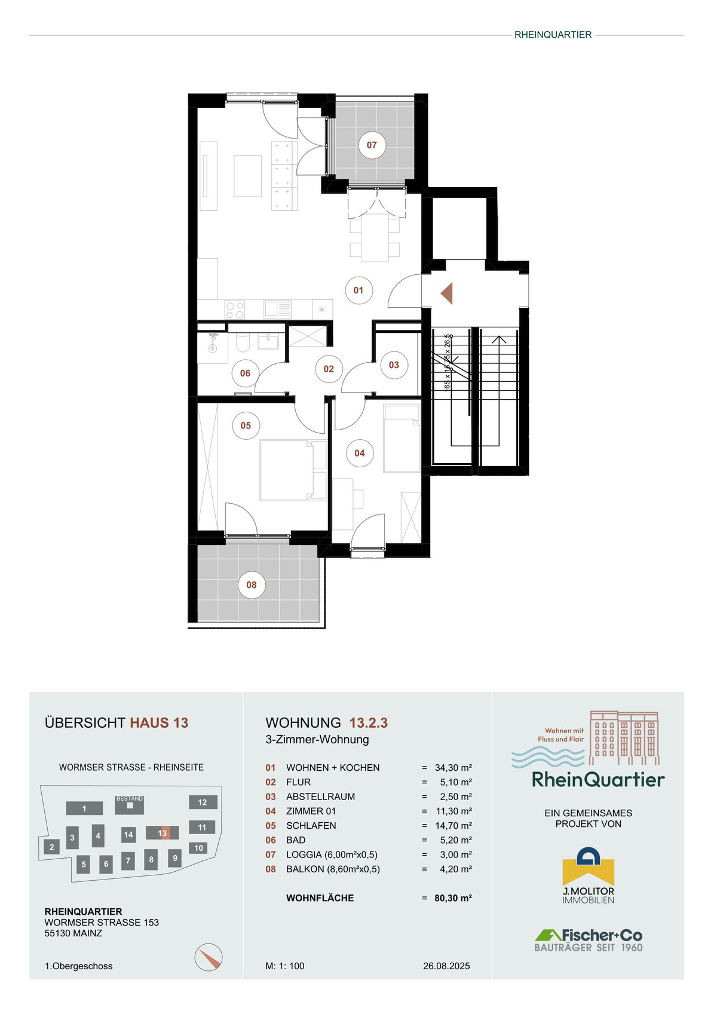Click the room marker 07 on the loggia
372,145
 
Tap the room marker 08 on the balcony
252,585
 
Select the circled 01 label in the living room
358,290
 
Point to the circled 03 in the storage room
394,365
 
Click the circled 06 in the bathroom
245,373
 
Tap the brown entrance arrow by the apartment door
446,293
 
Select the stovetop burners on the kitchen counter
235,310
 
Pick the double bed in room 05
293,470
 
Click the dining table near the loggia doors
375,237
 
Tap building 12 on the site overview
203,802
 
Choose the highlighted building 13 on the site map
162,833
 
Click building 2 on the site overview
51,847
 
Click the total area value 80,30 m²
453,898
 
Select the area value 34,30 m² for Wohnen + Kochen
454,768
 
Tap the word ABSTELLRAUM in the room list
320,797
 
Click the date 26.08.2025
446,966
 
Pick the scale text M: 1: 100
285,966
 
